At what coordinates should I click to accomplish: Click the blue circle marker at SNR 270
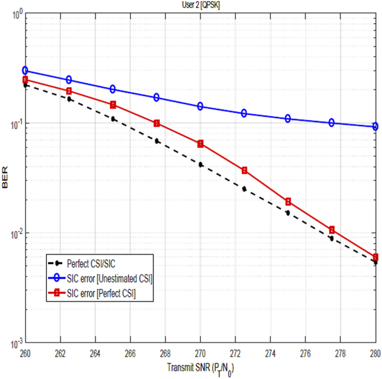[x=201, y=106]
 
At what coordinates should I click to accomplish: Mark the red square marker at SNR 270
[x=201, y=144]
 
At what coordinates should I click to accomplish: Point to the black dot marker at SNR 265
[x=113, y=119]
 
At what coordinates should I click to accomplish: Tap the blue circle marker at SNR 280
[x=375, y=126]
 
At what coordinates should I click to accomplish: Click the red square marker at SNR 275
[x=288, y=201]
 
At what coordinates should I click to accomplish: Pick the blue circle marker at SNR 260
[x=25, y=70]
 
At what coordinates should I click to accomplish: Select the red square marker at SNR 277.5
[x=332, y=230]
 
